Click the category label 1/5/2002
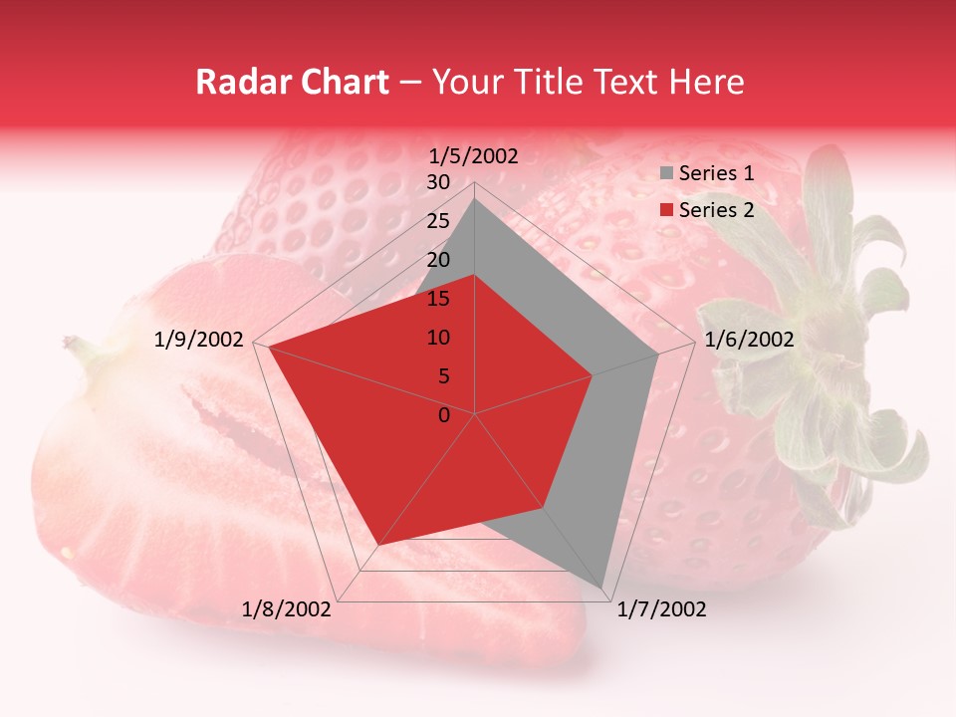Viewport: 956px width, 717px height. [x=474, y=155]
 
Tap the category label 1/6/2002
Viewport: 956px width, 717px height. [x=749, y=340]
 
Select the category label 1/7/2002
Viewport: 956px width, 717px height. [x=661, y=609]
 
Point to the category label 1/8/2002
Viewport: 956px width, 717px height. [x=287, y=609]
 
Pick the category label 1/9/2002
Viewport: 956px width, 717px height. [x=199, y=340]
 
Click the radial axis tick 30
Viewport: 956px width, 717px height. [x=437, y=182]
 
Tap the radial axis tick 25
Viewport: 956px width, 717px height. [x=437, y=221]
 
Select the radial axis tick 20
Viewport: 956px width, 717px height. [x=437, y=260]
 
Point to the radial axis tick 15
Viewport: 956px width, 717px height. [x=437, y=299]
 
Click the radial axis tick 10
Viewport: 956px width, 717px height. [x=437, y=338]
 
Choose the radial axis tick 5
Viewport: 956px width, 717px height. [x=443, y=376]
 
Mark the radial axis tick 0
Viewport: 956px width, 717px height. [x=444, y=415]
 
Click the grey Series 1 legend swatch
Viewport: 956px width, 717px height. [x=666, y=174]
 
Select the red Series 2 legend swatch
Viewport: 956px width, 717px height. [x=666, y=210]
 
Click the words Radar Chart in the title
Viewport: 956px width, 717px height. [x=292, y=83]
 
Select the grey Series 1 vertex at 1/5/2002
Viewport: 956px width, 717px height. [x=475, y=198]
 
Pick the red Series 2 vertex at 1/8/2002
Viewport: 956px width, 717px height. [x=378, y=546]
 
